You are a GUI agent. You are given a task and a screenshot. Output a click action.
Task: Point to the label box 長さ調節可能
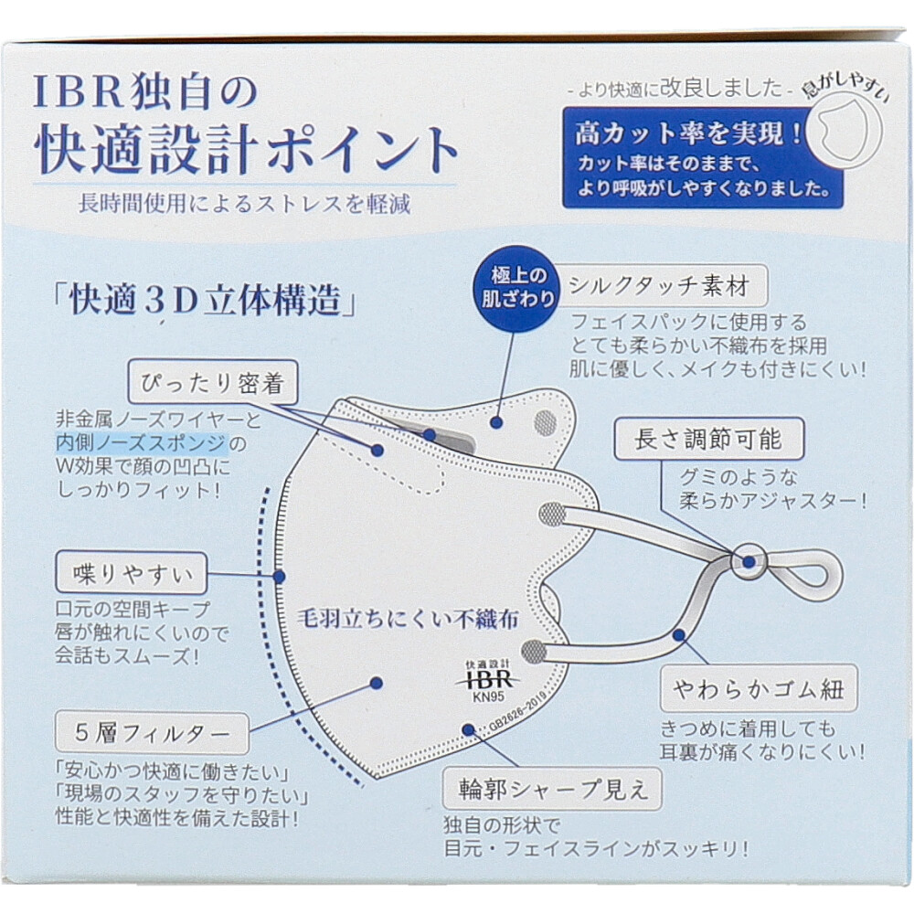pos(708,440)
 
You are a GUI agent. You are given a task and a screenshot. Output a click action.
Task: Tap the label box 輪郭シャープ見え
pos(550,788)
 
